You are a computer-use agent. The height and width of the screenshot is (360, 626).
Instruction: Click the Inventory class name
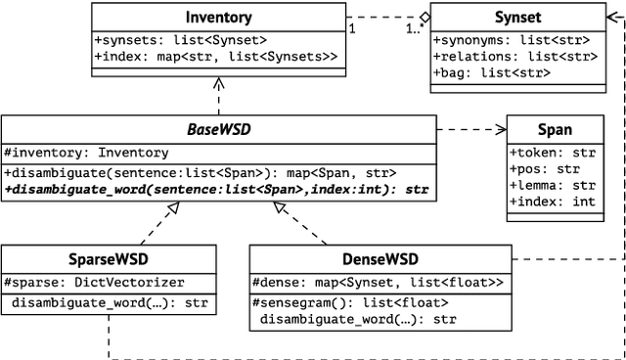click(218, 17)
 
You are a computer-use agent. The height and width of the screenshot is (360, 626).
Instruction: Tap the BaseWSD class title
click(218, 128)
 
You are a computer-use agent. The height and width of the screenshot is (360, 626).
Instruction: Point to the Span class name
click(555, 129)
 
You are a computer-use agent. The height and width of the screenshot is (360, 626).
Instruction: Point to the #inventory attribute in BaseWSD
click(87, 152)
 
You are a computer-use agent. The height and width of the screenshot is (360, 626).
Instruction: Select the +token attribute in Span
click(553, 152)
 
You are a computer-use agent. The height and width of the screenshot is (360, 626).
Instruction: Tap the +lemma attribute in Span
click(553, 184)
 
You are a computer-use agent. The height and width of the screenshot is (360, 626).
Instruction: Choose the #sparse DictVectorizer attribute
click(94, 282)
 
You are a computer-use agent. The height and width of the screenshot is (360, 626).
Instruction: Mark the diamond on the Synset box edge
click(423, 17)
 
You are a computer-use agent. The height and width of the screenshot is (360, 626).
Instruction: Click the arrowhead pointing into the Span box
click(500, 128)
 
